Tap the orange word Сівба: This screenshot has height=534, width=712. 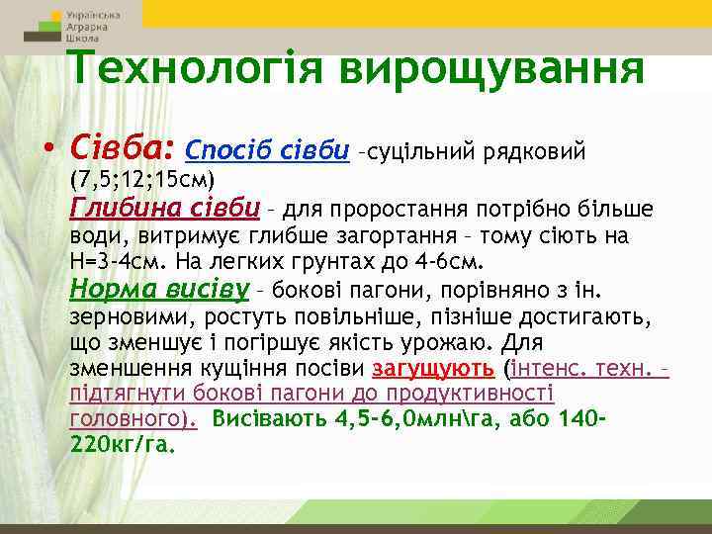pyautogui.click(x=122, y=149)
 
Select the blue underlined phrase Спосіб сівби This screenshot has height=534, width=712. pyautogui.click(x=267, y=151)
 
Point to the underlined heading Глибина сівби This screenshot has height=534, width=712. pyautogui.click(x=165, y=209)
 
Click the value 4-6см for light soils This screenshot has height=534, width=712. pyautogui.click(x=448, y=264)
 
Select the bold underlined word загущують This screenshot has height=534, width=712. pyautogui.click(x=433, y=370)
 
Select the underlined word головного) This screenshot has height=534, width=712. pyautogui.click(x=133, y=418)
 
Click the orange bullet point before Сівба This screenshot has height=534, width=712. pyautogui.click(x=48, y=151)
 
